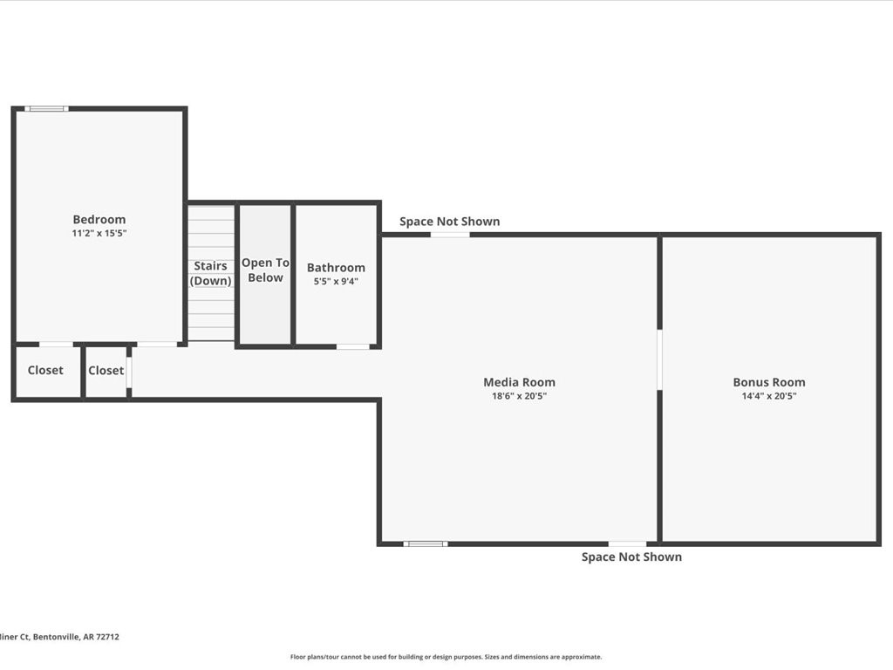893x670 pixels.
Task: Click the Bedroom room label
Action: (99, 220)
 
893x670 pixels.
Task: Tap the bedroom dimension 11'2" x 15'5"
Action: (99, 234)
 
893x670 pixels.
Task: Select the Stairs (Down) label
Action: (211, 273)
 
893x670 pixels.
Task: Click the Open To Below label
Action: (265, 270)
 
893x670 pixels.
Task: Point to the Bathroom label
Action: (336, 268)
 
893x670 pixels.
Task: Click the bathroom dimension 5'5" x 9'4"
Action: (336, 282)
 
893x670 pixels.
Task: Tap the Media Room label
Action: (519, 382)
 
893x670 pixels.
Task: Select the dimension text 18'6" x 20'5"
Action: (519, 396)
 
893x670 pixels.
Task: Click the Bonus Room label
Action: (768, 382)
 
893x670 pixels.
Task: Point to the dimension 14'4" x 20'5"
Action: (768, 396)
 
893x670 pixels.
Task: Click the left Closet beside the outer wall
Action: (45, 371)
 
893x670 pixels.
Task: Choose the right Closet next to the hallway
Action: (106, 371)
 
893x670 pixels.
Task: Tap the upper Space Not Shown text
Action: (449, 222)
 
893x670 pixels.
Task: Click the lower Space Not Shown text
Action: (631, 557)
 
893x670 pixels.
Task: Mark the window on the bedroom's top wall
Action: (46, 109)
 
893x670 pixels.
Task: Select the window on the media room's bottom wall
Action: (426, 544)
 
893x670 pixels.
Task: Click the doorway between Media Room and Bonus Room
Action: (659, 359)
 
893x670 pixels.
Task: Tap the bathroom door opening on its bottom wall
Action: (353, 346)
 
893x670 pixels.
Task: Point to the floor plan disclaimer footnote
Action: (446, 657)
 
